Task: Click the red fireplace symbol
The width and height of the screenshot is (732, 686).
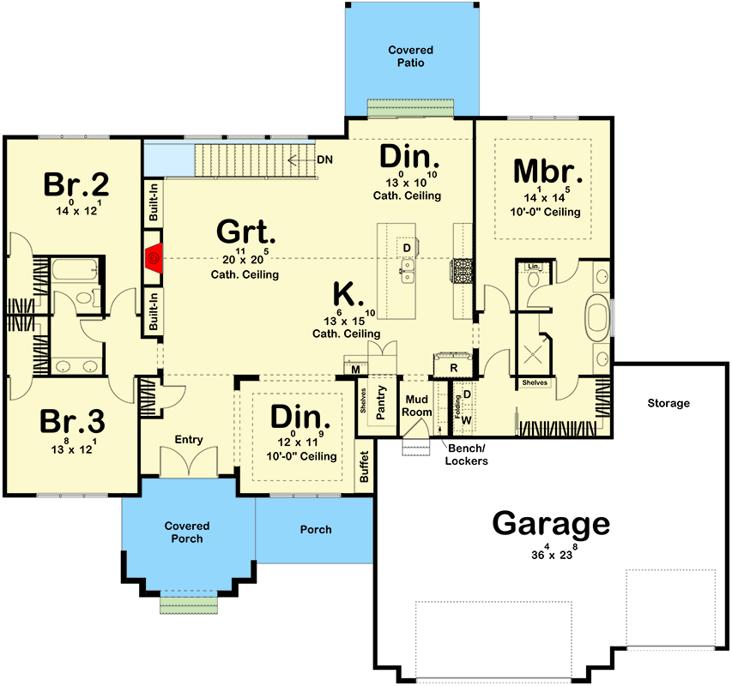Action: click(154, 256)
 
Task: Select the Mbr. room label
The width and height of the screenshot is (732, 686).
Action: click(548, 171)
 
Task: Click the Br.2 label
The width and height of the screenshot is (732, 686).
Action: click(77, 184)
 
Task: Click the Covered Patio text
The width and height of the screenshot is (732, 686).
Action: click(409, 57)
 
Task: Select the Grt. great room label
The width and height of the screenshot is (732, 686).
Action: click(245, 232)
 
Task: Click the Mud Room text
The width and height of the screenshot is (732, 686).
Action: click(417, 406)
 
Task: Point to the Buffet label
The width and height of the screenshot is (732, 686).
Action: click(365, 466)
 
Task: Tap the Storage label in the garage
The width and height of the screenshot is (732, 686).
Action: click(669, 403)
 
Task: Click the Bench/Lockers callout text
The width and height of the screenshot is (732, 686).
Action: click(466, 455)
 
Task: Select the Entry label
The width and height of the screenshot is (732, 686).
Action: click(189, 440)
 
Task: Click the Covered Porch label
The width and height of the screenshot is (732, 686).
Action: click(187, 533)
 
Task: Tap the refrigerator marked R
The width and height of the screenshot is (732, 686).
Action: click(454, 368)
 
